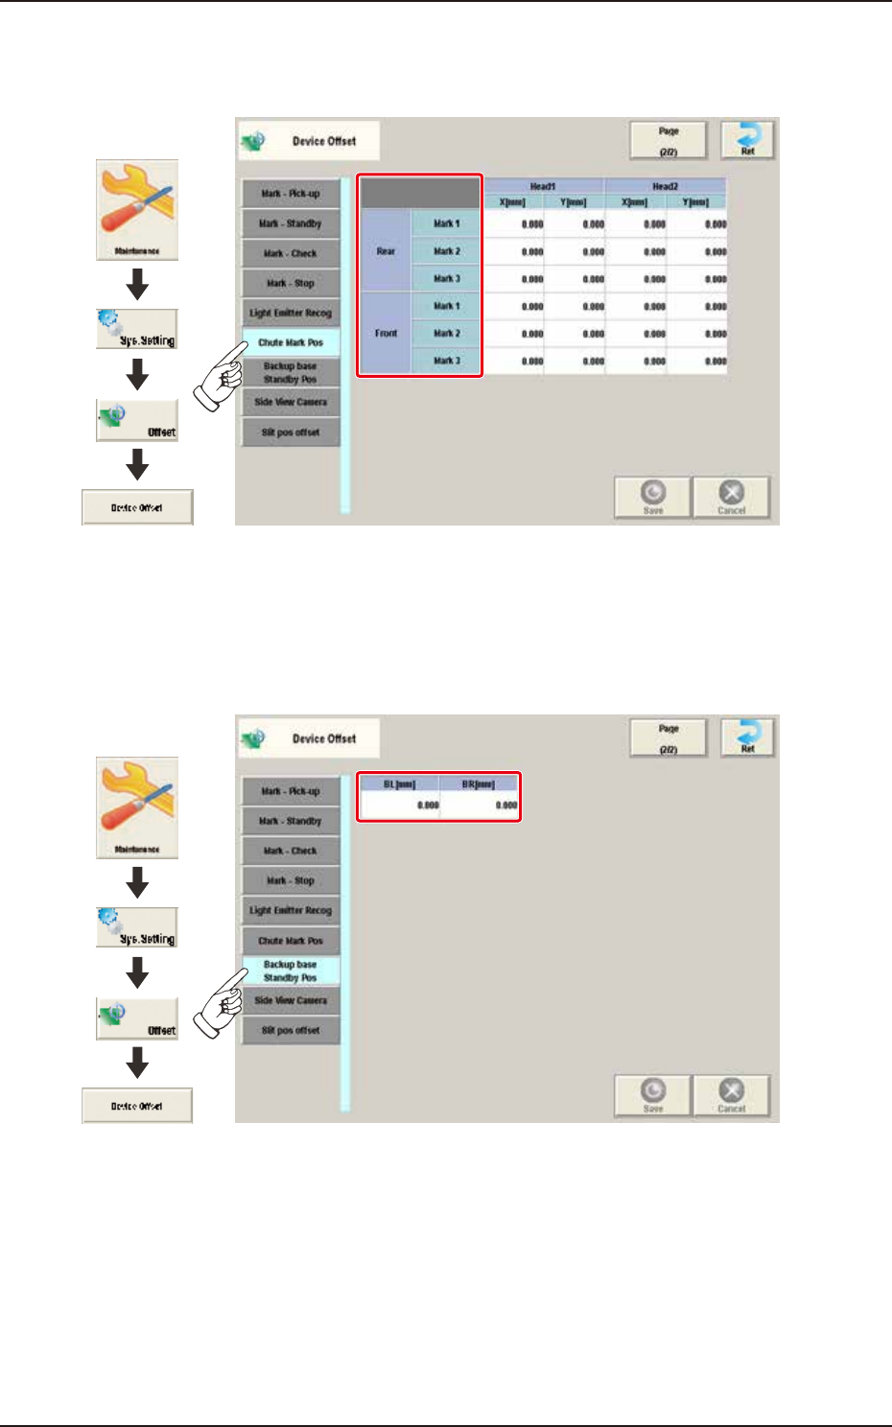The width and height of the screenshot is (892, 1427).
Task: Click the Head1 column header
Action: [543, 186]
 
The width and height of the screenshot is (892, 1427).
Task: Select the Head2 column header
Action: [665, 186]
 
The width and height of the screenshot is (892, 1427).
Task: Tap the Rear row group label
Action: [386, 251]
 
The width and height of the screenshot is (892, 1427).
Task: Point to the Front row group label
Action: [386, 334]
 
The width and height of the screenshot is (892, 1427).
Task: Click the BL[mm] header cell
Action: [399, 784]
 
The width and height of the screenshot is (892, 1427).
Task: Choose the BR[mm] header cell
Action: [479, 784]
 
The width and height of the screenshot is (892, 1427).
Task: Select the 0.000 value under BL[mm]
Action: [400, 806]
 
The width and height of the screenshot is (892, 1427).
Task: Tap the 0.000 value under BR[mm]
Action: [480, 806]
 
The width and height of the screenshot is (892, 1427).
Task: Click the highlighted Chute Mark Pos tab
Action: [291, 342]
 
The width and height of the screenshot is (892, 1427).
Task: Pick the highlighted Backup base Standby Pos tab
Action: [291, 971]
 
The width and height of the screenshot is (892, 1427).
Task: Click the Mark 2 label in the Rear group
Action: [446, 251]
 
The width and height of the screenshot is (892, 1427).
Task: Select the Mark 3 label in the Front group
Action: [446, 362]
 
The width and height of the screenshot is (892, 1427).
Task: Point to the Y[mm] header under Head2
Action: [695, 202]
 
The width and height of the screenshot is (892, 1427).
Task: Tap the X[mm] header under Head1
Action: [513, 202]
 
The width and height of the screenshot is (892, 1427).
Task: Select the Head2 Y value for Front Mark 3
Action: [697, 362]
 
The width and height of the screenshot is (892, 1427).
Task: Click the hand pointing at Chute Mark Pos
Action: [221, 378]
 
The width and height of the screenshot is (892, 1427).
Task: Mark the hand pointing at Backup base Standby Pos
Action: [221, 1003]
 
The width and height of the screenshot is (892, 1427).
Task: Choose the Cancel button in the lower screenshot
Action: [731, 1094]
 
